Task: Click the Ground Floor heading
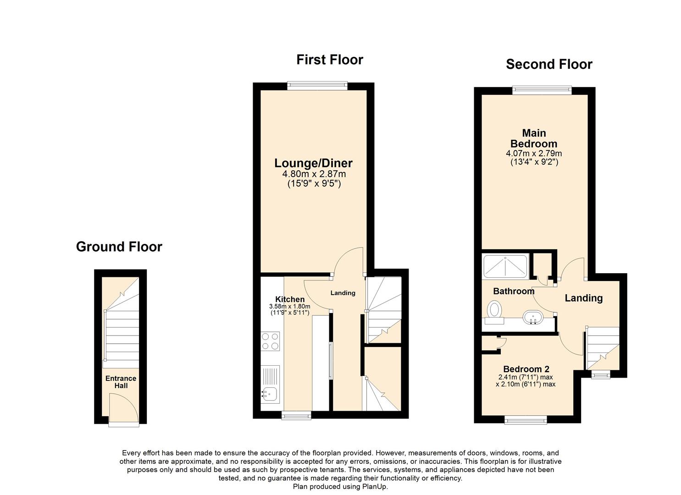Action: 119,247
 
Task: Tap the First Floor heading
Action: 329,60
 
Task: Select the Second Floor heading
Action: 548,64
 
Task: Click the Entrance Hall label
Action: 121,382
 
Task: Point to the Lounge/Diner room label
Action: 313,163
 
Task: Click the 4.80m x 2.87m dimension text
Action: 314,174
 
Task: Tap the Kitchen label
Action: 289,299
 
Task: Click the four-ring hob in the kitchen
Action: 270,341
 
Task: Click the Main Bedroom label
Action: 534,138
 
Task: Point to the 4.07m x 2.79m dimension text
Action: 534,154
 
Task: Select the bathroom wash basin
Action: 532,317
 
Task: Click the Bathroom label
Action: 514,291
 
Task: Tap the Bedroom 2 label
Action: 526,369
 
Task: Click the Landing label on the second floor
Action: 583,298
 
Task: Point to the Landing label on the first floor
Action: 343,293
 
